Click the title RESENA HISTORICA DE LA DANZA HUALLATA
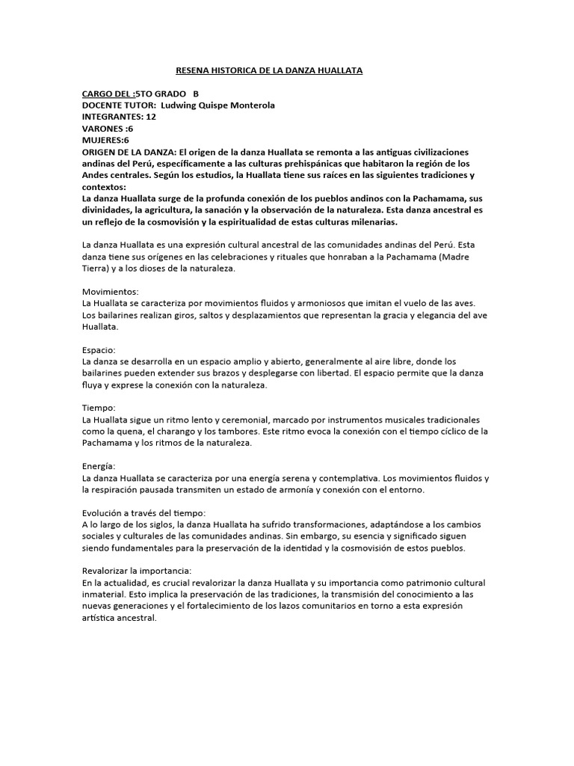point(268,70)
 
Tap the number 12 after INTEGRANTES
point(152,117)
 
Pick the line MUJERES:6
point(106,140)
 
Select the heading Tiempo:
point(98,408)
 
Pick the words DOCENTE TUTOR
point(118,105)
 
